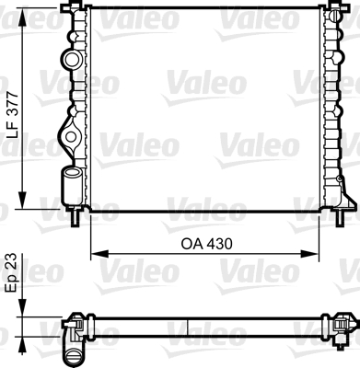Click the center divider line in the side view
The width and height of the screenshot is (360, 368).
pos(188,326)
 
